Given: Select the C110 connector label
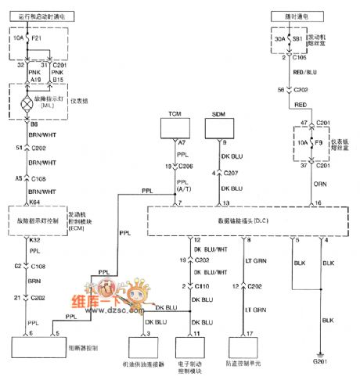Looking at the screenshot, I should (x=204, y=286).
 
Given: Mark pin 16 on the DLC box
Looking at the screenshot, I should (x=318, y=203).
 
